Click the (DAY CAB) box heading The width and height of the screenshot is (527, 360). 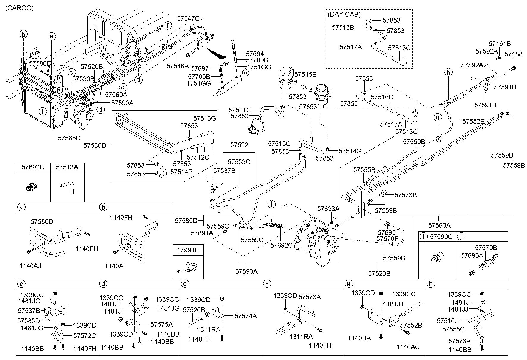pos(344,14)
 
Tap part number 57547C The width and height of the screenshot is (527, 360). pos(188,18)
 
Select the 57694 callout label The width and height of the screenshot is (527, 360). pos(255,54)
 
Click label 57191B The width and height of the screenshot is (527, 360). pos(500,44)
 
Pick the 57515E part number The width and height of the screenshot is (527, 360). pos(306,74)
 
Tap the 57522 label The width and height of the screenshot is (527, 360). pos(239,145)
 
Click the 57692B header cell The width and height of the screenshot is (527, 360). pos(33,167)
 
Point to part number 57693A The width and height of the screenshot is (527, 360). pos(328,209)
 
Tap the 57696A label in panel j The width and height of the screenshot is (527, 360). pos(472,255)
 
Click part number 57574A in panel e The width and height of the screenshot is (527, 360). pos(246,316)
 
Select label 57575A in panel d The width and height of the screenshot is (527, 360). pos(161,324)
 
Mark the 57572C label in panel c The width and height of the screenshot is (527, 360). pos(85,336)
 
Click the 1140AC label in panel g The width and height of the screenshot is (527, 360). pos(408,347)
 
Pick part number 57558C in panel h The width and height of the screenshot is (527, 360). pos(453,329)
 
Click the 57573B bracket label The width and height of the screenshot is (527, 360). pos(406,195)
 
